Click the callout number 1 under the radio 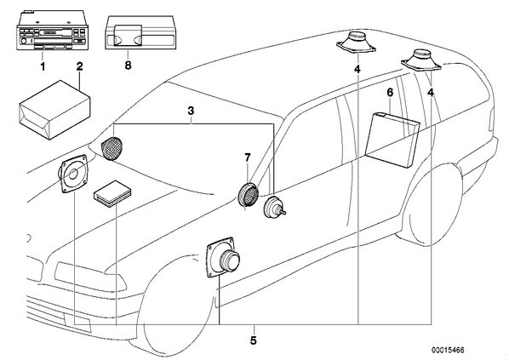point(43,66)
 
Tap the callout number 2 point(80,66)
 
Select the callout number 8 point(128,66)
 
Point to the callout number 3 point(191,111)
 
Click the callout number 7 point(248,158)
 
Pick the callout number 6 point(390,93)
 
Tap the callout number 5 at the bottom point(254,340)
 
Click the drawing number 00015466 point(448,350)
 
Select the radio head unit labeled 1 point(52,31)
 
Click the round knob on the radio point(23,41)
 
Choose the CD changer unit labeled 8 point(141,32)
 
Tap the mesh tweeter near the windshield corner point(112,148)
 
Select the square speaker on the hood point(72,174)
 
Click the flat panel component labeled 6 point(392,140)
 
